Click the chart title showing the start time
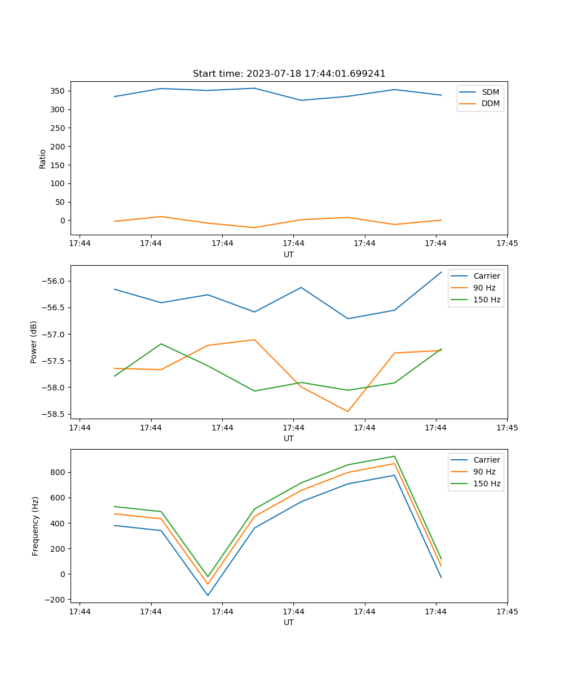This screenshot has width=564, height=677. pyautogui.click(x=289, y=73)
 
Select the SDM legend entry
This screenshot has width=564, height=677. pyautogui.click(x=490, y=91)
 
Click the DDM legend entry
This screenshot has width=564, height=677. pyautogui.click(x=491, y=103)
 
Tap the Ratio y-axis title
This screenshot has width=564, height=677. pyautogui.click(x=43, y=159)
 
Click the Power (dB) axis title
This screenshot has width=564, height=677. pyautogui.click(x=34, y=342)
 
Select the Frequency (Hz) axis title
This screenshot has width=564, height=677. pyautogui.click(x=36, y=526)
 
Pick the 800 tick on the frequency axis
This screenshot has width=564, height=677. pyautogui.click(x=59, y=472)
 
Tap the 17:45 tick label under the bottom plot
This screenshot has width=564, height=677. pyautogui.click(x=507, y=611)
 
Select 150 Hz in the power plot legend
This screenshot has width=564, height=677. pyautogui.click(x=487, y=300)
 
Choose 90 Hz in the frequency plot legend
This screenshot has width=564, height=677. pyautogui.click(x=484, y=472)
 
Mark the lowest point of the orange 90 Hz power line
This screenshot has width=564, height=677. pyautogui.click(x=347, y=411)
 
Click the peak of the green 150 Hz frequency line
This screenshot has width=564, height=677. pyautogui.click(x=394, y=456)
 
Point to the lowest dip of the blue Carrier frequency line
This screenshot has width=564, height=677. pyautogui.click(x=208, y=595)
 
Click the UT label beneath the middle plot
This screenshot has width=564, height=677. pyautogui.click(x=289, y=438)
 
